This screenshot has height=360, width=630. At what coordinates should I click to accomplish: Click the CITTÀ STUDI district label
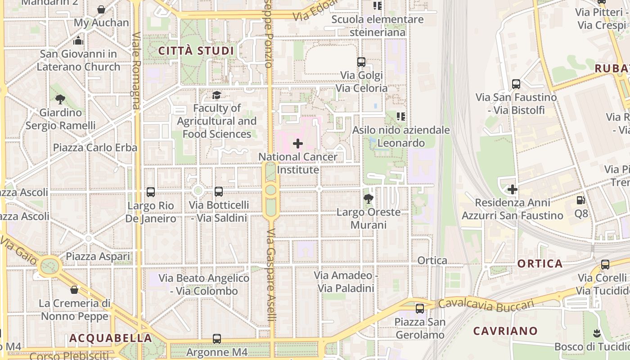tap(196, 51)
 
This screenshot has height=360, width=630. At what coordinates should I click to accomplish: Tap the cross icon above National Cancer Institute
tap(297, 144)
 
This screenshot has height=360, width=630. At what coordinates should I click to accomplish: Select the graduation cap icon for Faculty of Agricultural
tap(216, 95)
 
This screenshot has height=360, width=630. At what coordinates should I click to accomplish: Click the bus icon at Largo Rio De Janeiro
tap(151, 192)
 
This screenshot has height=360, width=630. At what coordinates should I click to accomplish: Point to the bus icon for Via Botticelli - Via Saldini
tap(219, 192)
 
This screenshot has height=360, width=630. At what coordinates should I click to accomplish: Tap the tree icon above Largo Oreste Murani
tap(368, 198)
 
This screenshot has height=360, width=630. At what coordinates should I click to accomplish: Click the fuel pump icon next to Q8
tap(581, 200)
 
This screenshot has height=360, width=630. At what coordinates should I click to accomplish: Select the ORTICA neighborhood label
tap(540, 264)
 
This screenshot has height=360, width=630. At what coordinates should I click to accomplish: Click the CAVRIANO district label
tap(505, 331)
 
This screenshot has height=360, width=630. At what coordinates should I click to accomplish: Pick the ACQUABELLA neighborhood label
tap(111, 338)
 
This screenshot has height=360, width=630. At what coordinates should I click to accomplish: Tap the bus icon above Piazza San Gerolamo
tap(419, 309)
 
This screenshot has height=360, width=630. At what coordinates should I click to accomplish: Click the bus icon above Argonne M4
tap(217, 339)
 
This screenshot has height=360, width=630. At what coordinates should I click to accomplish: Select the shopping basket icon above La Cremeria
tap(74, 290)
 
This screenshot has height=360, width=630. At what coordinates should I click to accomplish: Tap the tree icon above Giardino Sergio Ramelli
tap(60, 99)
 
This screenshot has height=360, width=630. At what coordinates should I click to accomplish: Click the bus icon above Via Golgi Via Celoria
tap(361, 62)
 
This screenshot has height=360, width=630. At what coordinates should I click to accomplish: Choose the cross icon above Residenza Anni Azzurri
tap(512, 189)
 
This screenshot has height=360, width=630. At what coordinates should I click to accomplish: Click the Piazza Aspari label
tap(98, 256)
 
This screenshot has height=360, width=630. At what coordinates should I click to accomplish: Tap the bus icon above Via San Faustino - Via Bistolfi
tap(516, 84)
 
